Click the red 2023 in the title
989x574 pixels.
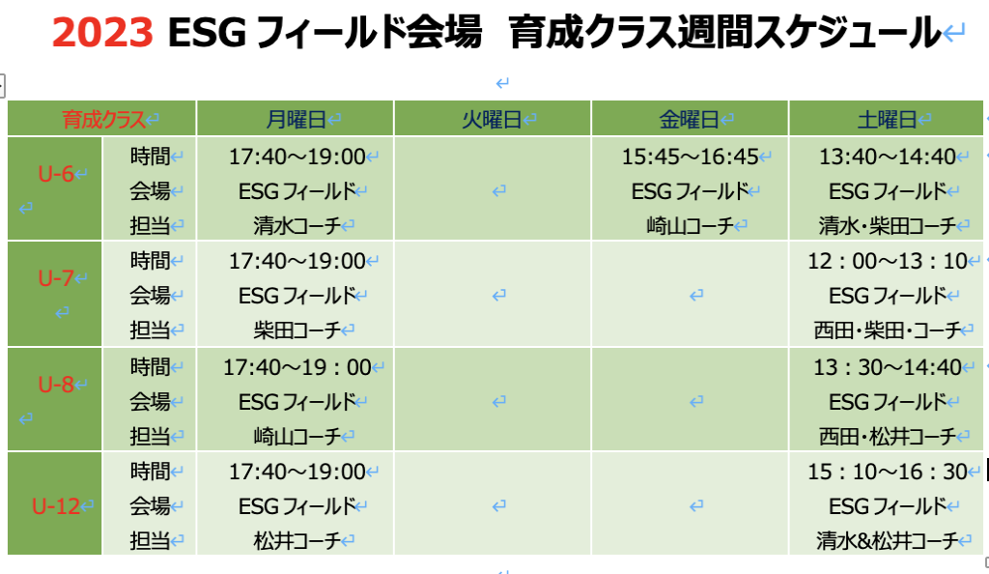[x=102, y=32]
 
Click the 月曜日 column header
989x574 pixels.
[x=296, y=119]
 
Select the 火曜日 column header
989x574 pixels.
[x=492, y=119]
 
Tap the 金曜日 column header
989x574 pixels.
[x=690, y=119]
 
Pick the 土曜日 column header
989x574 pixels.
[x=887, y=119]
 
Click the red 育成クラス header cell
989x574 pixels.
[x=103, y=119]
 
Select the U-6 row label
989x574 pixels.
[x=55, y=174]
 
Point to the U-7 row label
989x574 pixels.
[x=55, y=277]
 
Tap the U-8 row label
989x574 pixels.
[x=55, y=385]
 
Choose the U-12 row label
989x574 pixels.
[x=55, y=506]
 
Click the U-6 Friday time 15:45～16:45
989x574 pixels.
[x=690, y=157]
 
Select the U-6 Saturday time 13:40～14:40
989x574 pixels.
[x=888, y=157]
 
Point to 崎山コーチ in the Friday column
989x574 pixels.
[x=690, y=225]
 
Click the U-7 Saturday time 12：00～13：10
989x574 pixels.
[x=888, y=261]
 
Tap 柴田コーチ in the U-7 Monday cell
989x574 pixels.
[x=297, y=330]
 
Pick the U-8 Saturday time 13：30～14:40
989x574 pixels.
[x=888, y=367]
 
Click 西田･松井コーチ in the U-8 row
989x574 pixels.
[x=888, y=436]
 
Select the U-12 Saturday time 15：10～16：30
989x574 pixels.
[x=888, y=472]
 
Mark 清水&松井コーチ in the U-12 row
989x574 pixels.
[x=888, y=540]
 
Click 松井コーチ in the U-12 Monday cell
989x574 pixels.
[x=297, y=540]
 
